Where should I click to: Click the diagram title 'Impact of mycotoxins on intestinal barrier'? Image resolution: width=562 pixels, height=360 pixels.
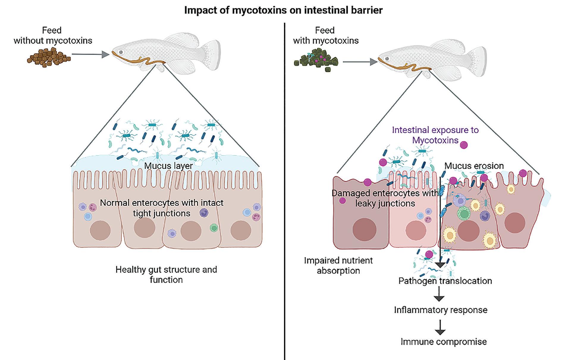[283, 10]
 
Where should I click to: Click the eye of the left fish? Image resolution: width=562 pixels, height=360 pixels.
[121, 52]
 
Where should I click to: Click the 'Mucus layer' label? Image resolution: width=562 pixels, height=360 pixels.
[168, 166]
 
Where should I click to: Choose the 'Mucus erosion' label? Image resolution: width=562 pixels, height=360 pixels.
[474, 166]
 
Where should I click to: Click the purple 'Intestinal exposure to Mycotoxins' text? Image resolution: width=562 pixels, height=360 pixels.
[435, 135]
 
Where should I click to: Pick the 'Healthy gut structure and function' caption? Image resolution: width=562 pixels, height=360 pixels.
[166, 274]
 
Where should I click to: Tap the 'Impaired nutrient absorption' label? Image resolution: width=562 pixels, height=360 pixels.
[338, 265]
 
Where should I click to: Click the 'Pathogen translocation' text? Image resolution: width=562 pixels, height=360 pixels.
[445, 281]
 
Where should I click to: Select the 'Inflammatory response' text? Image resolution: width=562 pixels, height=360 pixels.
[441, 310]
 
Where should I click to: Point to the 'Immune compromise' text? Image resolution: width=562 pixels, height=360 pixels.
[444, 342]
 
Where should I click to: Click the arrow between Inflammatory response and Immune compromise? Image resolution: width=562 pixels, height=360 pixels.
[440, 327]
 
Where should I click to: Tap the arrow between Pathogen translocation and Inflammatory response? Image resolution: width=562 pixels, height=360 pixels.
[439, 294]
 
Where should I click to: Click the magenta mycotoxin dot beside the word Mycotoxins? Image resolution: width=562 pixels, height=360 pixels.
[464, 145]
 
